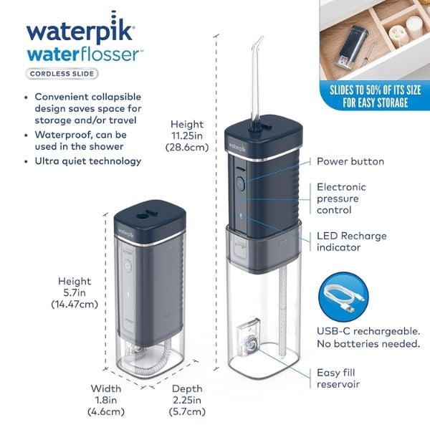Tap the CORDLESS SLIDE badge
tap(63, 73)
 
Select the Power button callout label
tap(350, 161)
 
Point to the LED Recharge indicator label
tap(351, 242)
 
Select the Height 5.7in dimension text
tap(75, 293)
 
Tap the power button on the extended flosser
tap(241, 183)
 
